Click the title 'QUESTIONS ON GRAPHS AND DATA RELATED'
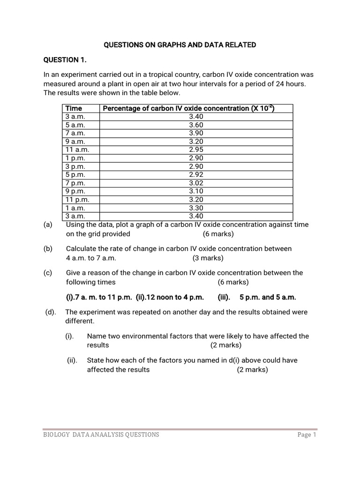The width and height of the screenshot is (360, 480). coord(180,45)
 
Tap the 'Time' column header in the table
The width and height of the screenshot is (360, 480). coord(74,108)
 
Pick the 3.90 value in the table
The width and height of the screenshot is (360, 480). coord(196,133)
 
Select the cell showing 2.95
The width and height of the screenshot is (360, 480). coord(196,150)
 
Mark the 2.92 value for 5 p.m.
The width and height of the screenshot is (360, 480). coord(196,174)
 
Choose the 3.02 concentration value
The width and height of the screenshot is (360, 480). coord(196,183)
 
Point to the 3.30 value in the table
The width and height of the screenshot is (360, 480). coord(196,208)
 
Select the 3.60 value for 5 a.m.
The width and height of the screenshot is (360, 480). coord(196,125)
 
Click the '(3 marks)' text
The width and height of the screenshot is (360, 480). coord(208,258)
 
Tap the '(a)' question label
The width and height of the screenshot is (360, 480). coord(47,225)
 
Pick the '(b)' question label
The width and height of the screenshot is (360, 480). coord(47,248)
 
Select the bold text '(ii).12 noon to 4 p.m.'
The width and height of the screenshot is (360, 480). coord(170,297)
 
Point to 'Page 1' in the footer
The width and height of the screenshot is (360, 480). coord(307,435)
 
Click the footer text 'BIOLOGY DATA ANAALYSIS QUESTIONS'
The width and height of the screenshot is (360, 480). coord(101,435)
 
